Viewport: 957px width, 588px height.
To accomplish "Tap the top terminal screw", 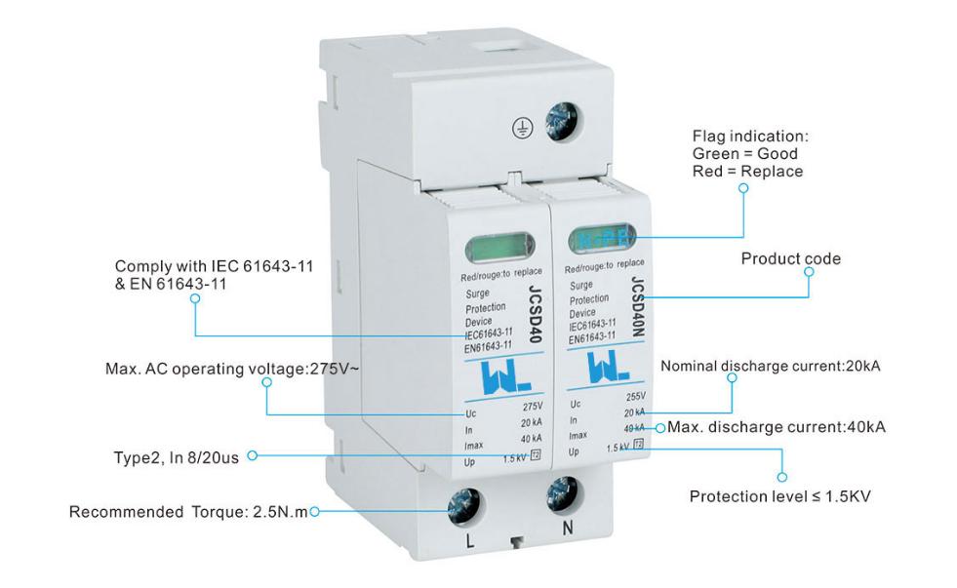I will coord(563,116).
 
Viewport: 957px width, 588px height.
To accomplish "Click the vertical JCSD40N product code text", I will coord(637,312).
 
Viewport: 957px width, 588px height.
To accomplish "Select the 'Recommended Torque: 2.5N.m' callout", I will coord(188,512).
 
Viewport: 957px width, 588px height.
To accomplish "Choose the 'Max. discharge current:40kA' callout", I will coord(777,427).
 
